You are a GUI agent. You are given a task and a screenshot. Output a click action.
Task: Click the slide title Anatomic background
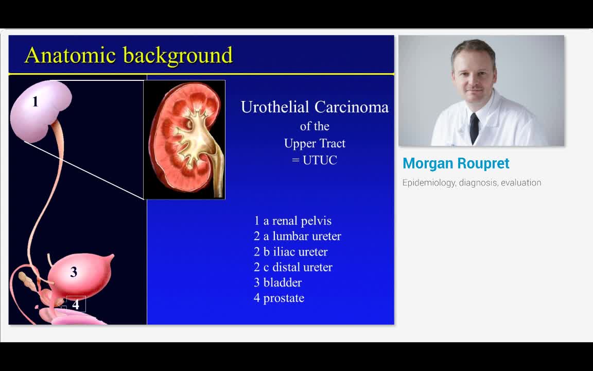[x=129, y=55]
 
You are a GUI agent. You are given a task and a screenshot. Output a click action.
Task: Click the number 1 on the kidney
[x=35, y=102]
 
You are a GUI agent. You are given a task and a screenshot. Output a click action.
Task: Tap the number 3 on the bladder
[x=74, y=272]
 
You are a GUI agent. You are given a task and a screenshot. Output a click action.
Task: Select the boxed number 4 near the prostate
[x=76, y=305]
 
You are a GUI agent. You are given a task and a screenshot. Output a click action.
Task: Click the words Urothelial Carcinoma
[x=315, y=107]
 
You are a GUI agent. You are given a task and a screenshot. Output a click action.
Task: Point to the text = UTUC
[x=315, y=160]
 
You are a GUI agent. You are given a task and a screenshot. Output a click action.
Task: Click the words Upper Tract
[x=315, y=143]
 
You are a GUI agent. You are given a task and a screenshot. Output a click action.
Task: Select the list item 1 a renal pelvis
[x=292, y=221]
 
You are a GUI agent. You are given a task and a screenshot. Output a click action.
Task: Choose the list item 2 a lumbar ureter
[x=297, y=237]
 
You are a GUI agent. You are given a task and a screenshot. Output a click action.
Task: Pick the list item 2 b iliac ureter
[x=290, y=252]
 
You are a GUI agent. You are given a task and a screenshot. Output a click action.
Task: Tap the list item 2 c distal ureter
[x=293, y=267]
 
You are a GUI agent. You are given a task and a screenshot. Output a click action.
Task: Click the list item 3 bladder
[x=277, y=283]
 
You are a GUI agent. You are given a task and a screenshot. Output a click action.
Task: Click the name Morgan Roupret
[x=456, y=163]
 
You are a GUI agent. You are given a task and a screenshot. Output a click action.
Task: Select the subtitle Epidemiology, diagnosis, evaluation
[x=472, y=182]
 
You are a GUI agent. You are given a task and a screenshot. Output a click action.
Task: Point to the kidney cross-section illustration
[x=184, y=139]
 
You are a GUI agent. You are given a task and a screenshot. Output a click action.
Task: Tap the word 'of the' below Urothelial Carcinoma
[x=315, y=126]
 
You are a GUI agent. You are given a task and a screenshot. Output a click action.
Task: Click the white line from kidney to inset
[x=82, y=170]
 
